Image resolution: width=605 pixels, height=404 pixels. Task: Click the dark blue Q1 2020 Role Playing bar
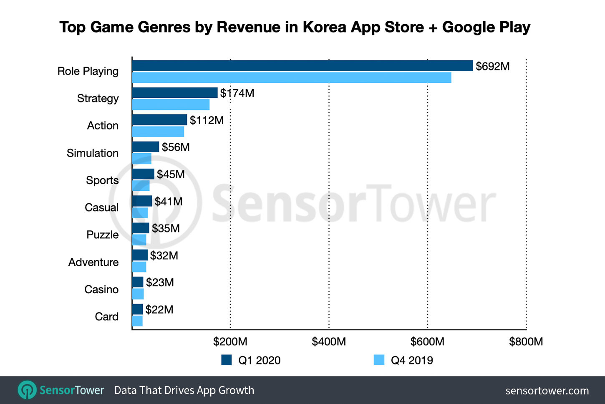pyautogui.click(x=302, y=66)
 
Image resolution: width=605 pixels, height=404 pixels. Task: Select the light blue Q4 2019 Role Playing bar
pyautogui.click(x=292, y=77)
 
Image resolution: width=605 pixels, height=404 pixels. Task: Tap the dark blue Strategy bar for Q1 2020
pyautogui.click(x=175, y=93)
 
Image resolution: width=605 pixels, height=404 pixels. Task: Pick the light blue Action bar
pyautogui.click(x=158, y=132)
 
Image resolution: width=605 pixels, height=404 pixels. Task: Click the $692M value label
pyautogui.click(x=492, y=66)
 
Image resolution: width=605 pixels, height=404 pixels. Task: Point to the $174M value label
pyautogui.click(x=237, y=93)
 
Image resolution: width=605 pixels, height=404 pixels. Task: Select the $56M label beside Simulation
pyautogui.click(x=176, y=147)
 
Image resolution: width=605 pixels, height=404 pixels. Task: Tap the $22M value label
pyautogui.click(x=159, y=309)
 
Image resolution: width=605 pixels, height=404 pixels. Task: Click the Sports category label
pyautogui.click(x=102, y=180)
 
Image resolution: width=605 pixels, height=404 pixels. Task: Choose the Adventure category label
pyautogui.click(x=93, y=262)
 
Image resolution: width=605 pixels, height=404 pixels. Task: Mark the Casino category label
pyautogui.click(x=101, y=289)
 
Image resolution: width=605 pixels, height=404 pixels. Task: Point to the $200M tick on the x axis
pyautogui.click(x=230, y=342)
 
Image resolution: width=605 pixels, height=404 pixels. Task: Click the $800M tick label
pyautogui.click(x=526, y=342)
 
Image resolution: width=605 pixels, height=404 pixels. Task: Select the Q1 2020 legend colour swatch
pyautogui.click(x=227, y=360)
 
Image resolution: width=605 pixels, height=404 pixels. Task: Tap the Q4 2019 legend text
pyautogui.click(x=412, y=360)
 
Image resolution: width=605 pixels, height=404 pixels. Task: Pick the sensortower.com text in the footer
pyautogui.click(x=547, y=391)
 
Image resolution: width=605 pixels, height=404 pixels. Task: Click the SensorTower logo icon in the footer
pyautogui.click(x=28, y=390)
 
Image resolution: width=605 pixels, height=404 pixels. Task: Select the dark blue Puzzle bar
pyautogui.click(x=141, y=228)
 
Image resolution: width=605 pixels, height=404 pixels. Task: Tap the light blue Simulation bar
pyautogui.click(x=142, y=159)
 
